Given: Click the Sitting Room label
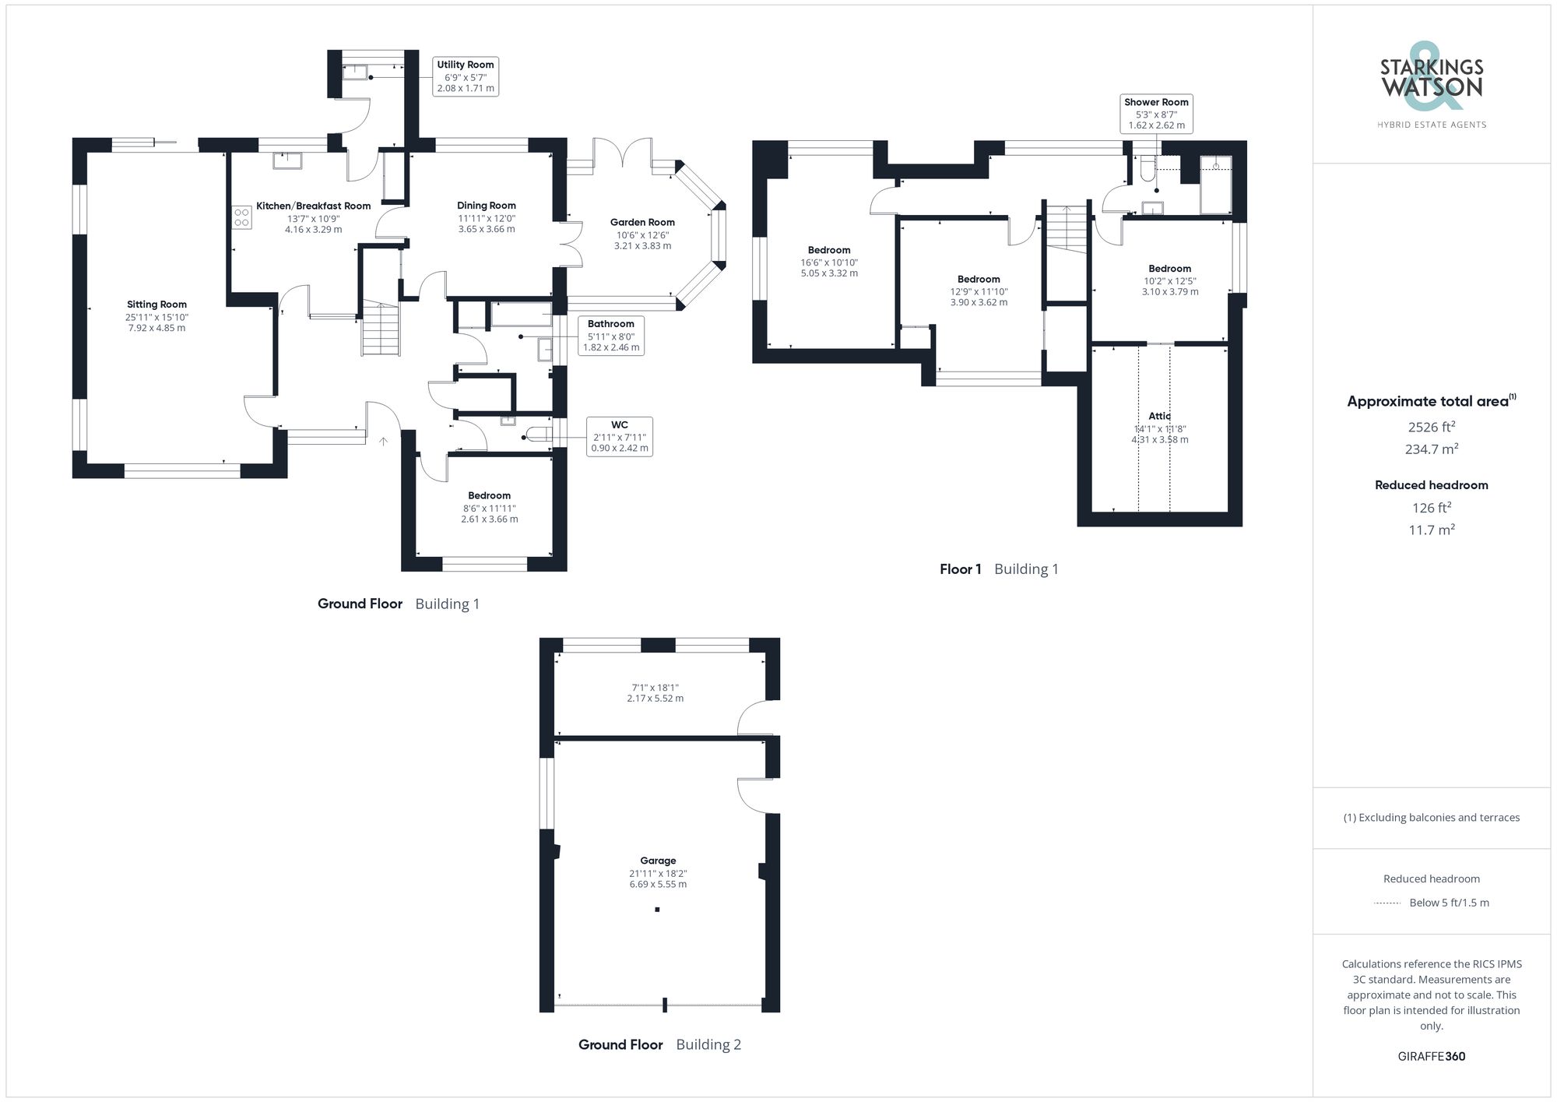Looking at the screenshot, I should coord(156,305).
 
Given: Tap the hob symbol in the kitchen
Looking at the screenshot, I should coord(242,217).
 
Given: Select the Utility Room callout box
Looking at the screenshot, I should coord(466,76).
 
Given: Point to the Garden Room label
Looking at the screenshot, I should coord(642,222).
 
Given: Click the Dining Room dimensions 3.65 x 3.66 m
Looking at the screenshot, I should coord(487,229).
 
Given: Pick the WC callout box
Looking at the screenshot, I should coord(619,436).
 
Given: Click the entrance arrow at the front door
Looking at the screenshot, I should coord(383,442).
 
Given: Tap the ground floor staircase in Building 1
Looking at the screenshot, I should coord(381,329).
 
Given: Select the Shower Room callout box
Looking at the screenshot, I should coord(1156,114).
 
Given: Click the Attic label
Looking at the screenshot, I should coord(1159,416).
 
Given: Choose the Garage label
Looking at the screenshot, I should coord(658,861).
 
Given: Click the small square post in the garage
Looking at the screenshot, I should coord(657,909).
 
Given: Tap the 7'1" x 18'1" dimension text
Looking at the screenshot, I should coord(655,688).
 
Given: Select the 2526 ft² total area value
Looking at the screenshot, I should coord(1431,427).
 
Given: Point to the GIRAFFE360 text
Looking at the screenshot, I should coord(1431,1056).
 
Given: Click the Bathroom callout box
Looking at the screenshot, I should coord(611,336).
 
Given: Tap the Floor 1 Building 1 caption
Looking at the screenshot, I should coord(999,569).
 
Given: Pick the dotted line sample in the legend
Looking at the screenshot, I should coord(1387,903).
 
